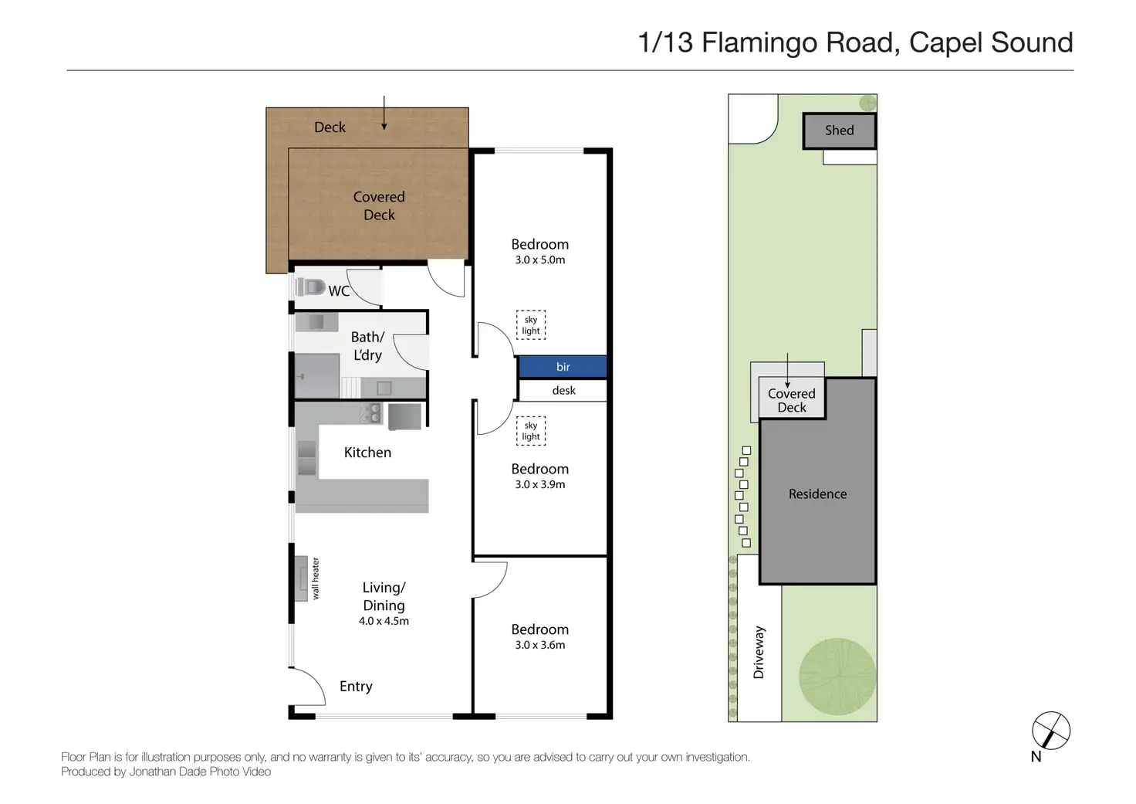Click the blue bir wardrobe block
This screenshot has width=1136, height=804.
pyautogui.click(x=563, y=366)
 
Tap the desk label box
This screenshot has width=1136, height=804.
pyautogui.click(x=563, y=390)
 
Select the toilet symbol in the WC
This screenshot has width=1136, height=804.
pyautogui.click(x=310, y=287)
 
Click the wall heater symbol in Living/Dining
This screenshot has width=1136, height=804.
pyautogui.click(x=301, y=578)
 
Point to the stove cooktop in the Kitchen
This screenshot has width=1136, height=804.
pyautogui.click(x=370, y=413)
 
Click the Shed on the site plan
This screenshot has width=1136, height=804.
pyautogui.click(x=840, y=131)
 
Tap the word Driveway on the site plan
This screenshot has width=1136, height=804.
pyautogui.click(x=759, y=652)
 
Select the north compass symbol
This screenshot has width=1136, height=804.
pyautogui.click(x=1051, y=731)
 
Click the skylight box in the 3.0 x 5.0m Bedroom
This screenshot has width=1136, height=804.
pyautogui.click(x=531, y=325)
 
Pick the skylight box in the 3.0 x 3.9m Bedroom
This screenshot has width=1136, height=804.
pyautogui.click(x=531, y=431)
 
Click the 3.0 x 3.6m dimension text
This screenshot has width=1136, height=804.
pyautogui.click(x=540, y=645)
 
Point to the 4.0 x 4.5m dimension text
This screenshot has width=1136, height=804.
pyautogui.click(x=384, y=621)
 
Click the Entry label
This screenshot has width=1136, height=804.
pyautogui.click(x=356, y=687)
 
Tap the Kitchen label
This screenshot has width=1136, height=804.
pyautogui.click(x=367, y=453)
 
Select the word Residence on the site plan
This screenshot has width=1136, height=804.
pyautogui.click(x=817, y=494)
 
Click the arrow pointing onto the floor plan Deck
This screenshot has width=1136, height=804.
pyautogui.click(x=384, y=113)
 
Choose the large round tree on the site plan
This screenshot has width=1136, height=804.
pyautogui.click(x=837, y=677)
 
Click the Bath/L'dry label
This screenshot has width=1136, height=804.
pyautogui.click(x=367, y=346)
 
